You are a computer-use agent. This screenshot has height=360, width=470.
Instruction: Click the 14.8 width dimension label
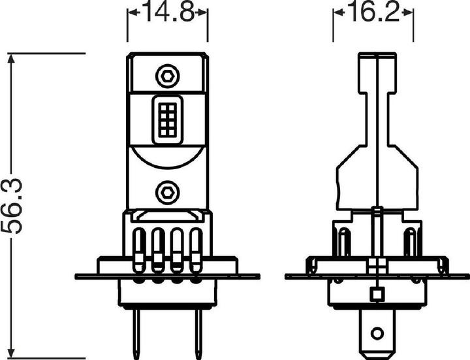(x=168, y=13)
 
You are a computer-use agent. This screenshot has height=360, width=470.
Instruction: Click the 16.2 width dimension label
(x=373, y=13)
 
